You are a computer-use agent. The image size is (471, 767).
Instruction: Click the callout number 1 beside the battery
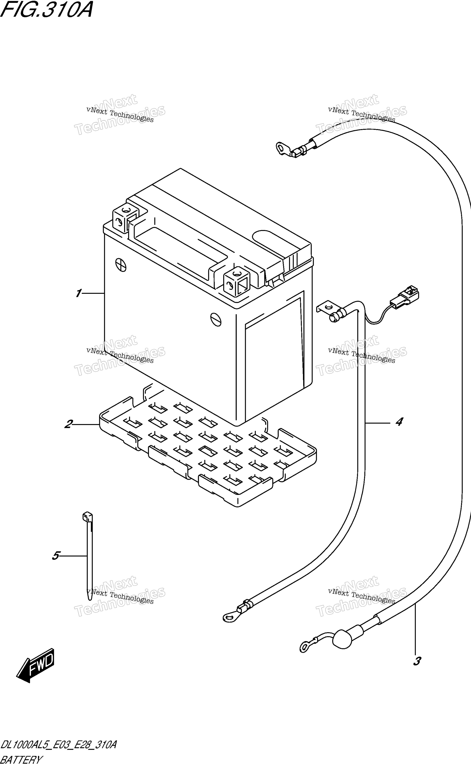(x=78, y=293)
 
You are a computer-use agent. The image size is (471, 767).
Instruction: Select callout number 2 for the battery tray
(x=69, y=424)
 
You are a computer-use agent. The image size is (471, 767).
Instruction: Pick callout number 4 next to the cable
(x=399, y=422)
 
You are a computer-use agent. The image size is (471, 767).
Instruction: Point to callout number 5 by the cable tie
(x=56, y=556)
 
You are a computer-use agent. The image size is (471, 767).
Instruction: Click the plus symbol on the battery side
(x=121, y=265)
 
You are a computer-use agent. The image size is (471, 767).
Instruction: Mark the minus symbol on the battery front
(x=216, y=319)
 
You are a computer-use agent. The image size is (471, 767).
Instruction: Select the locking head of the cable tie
(x=87, y=517)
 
